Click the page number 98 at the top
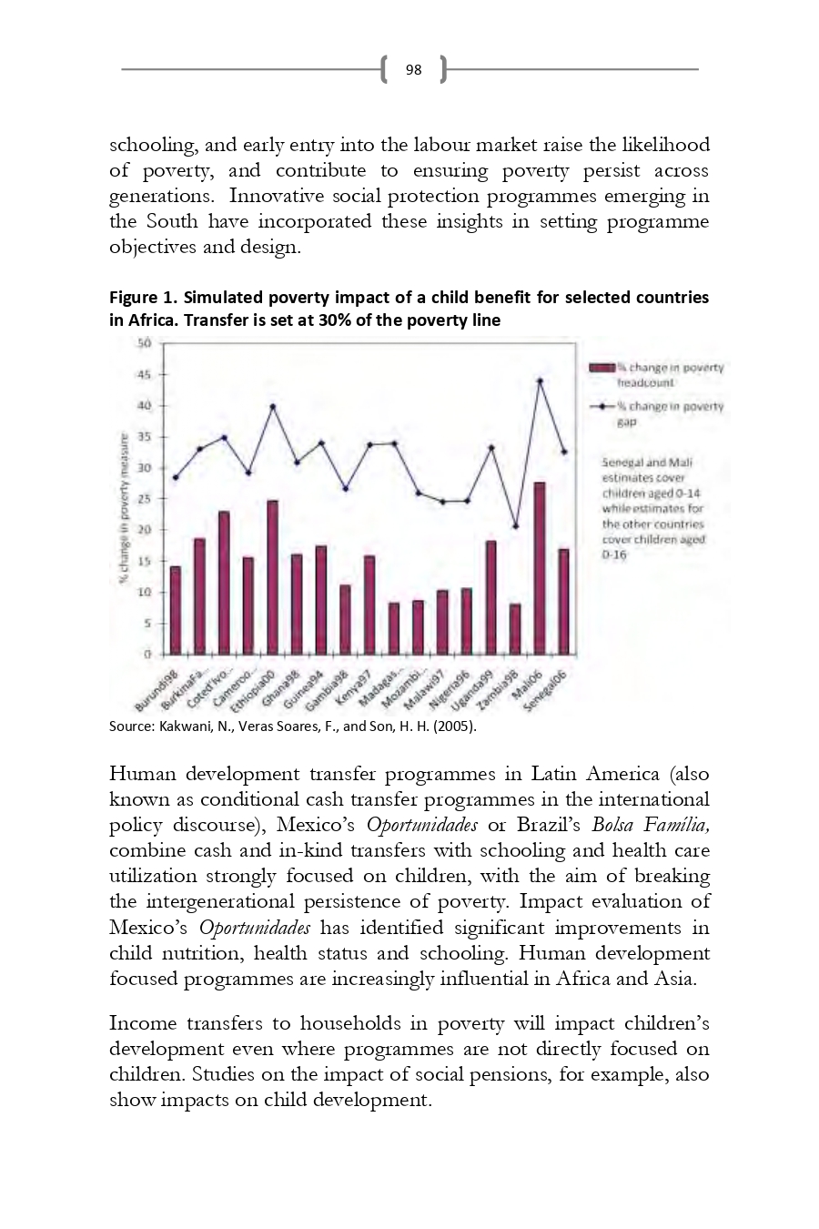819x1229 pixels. click(413, 69)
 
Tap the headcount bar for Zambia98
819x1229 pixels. click(515, 629)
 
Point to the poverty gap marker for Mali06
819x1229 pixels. click(540, 381)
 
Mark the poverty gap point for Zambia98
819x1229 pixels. click(515, 526)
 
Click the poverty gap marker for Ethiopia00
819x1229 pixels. click(272, 406)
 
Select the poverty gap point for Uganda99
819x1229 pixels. click(491, 447)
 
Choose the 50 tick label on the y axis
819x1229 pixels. click(144, 343)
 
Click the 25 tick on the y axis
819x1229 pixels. click(144, 499)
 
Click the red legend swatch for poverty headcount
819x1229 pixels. click(602, 368)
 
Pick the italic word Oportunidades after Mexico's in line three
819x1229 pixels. click(421, 825)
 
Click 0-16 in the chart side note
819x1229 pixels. click(614, 554)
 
